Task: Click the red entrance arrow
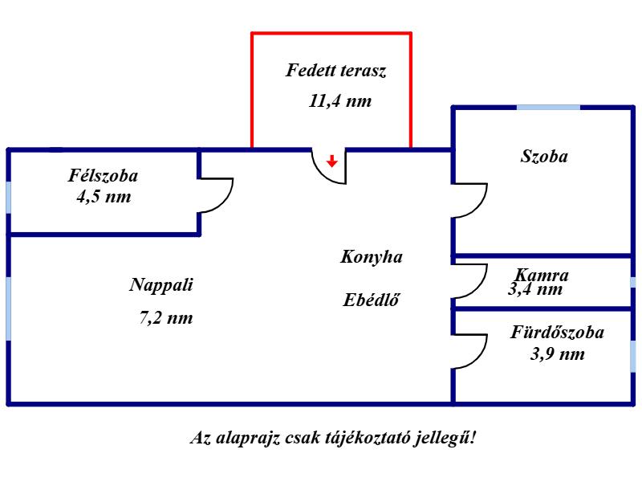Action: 332,161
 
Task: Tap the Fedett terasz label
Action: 335,71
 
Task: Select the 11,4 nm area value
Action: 340,101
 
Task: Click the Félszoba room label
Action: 103,175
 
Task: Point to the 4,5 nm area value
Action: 104,197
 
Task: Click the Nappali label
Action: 161,285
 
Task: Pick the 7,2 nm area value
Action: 166,317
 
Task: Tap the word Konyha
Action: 372,257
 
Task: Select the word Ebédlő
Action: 371,300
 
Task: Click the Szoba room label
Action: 544,156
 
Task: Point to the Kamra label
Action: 541,275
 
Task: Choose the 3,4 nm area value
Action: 535,289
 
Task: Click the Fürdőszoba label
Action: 557,332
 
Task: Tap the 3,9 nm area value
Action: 558,353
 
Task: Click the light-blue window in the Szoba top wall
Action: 548,108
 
